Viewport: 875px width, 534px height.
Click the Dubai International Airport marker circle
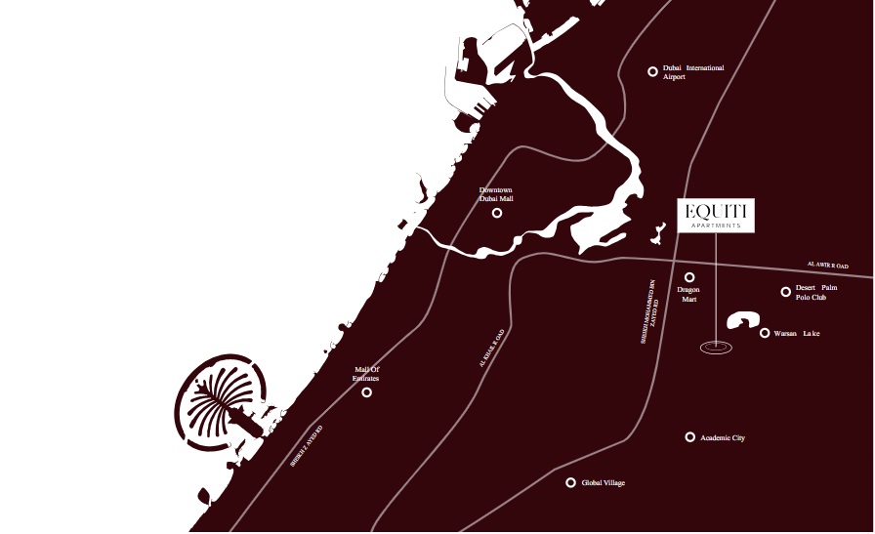(653, 71)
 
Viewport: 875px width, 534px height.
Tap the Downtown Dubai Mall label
(496, 194)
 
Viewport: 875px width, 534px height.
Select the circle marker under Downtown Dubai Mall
(497, 213)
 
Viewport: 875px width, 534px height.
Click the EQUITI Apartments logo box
(716, 216)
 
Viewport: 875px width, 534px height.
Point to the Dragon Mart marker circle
(689, 277)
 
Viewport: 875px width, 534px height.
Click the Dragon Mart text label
(689, 294)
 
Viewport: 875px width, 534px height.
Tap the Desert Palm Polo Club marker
(785, 292)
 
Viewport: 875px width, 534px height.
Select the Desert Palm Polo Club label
(817, 292)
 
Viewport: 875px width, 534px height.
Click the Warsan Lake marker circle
(765, 333)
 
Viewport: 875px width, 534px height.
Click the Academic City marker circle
(690, 437)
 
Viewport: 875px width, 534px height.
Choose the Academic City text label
(724, 438)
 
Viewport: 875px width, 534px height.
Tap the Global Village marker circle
(571, 482)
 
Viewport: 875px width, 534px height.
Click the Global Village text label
(604, 483)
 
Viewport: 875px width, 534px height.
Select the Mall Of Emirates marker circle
(367, 392)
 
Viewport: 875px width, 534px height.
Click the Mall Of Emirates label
(366, 374)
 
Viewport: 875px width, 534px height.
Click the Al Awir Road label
(827, 266)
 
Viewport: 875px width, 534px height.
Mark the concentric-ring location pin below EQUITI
(716, 346)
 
